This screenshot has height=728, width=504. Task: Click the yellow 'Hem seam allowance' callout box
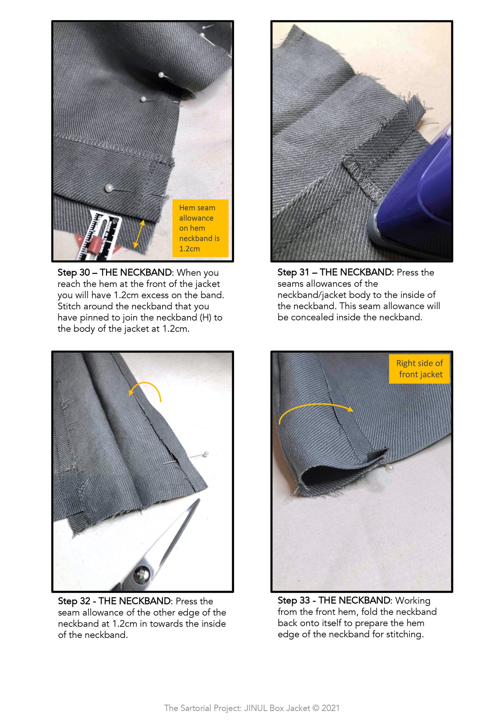pos(200,228)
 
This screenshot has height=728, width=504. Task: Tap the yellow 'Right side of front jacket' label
pos(419,369)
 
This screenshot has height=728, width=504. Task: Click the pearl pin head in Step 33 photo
pos(390,468)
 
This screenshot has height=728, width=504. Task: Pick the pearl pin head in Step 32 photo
pos(206,454)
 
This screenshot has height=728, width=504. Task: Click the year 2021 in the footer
pos(330,708)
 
